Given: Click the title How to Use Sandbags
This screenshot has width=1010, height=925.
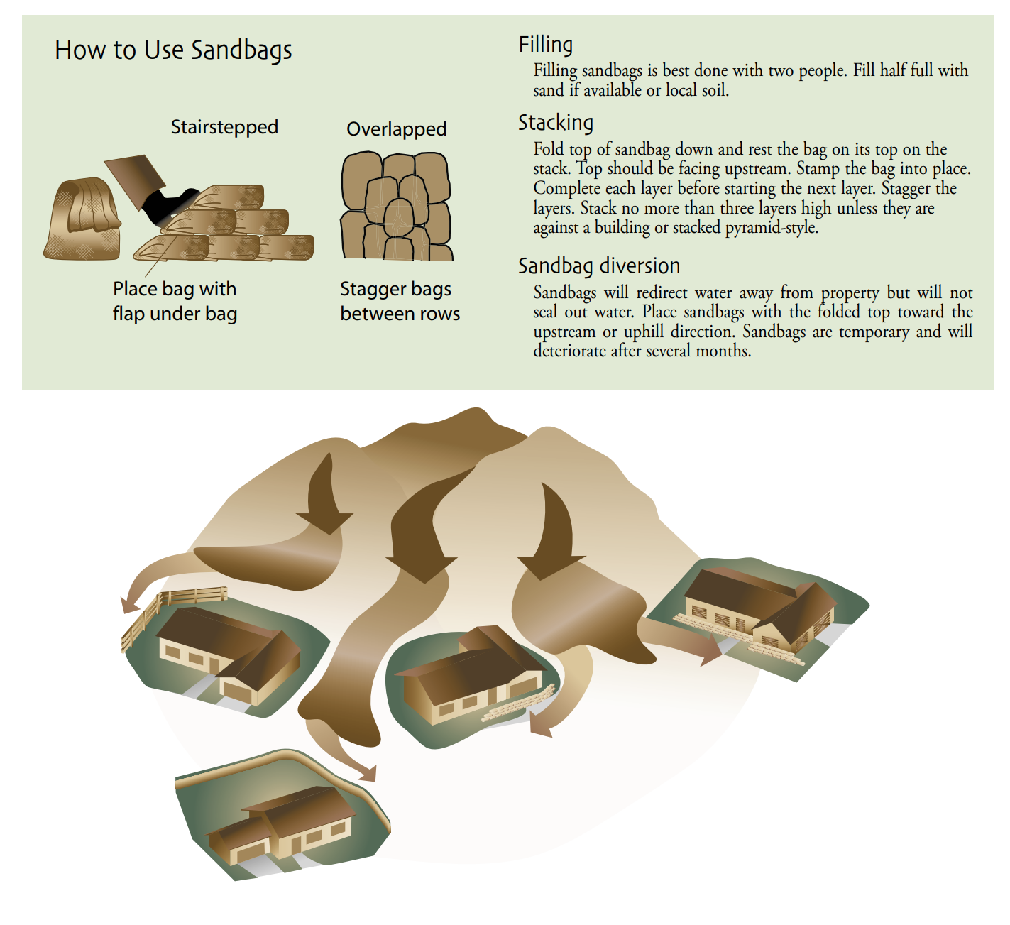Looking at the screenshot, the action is click(173, 50).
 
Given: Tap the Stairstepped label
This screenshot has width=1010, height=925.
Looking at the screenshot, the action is click(224, 127).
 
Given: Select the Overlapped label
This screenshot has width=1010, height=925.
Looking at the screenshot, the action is click(396, 129).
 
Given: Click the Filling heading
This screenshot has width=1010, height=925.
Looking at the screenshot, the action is click(546, 44).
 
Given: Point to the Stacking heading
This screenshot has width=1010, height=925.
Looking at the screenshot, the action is click(556, 122).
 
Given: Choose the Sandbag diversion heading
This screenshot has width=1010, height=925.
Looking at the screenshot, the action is click(599, 266).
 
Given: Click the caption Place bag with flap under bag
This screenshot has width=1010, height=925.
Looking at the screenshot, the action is click(175, 301).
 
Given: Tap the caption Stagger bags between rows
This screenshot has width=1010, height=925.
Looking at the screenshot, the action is click(400, 301).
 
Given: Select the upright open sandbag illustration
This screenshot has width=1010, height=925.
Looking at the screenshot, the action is click(83, 219).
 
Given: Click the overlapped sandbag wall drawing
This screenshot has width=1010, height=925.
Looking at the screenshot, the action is click(396, 206).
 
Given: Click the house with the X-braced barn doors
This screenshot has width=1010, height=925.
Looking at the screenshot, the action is click(759, 610).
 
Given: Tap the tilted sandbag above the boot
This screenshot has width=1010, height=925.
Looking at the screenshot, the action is click(135, 180).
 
